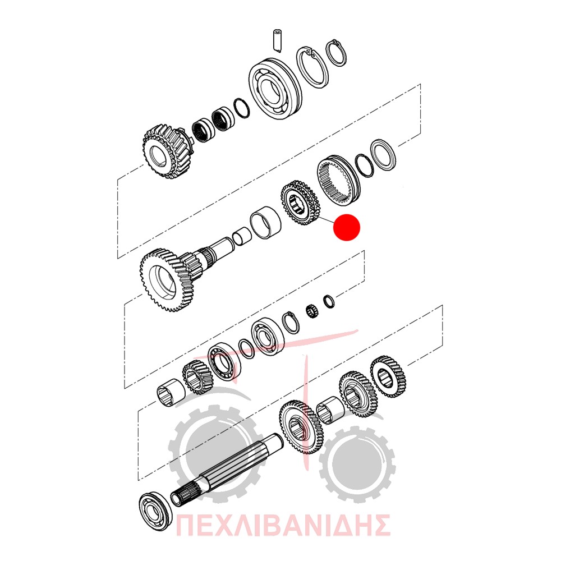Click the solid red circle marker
[346, 227]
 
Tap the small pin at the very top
[277, 40]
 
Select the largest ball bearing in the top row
[274, 88]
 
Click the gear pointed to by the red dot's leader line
[300, 203]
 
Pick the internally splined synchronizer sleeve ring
[338, 181]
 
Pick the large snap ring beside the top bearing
[311, 67]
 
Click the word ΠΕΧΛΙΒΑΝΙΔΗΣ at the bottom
[283, 525]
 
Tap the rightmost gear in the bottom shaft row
[388, 377]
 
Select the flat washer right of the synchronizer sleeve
[383, 155]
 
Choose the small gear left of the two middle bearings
[198, 377]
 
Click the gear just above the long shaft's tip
[301, 427]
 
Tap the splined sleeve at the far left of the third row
[171, 393]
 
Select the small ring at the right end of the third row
[329, 301]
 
